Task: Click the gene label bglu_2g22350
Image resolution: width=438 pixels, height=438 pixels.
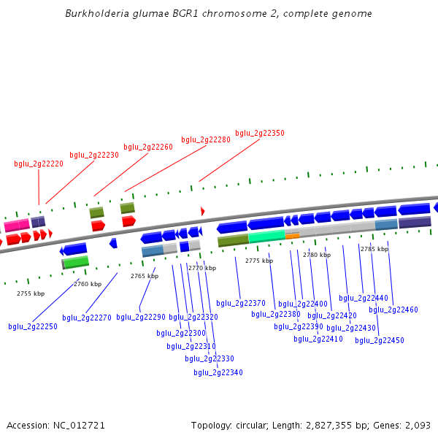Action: tap(260, 133)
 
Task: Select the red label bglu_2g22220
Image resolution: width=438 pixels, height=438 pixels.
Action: tap(39, 164)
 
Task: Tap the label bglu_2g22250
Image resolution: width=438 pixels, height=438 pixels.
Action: tap(33, 326)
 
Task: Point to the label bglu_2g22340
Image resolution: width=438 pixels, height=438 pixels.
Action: tap(218, 372)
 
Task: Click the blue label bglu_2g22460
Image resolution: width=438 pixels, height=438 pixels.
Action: tap(393, 310)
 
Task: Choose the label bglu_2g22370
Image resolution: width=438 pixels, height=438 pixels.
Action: tap(241, 303)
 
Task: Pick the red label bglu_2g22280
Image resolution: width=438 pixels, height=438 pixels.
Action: tap(206, 139)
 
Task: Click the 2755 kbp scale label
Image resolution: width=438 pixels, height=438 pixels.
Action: tap(31, 293)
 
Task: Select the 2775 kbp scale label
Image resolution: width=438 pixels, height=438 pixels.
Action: tap(259, 261)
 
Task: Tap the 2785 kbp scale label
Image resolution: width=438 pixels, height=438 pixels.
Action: tap(374, 249)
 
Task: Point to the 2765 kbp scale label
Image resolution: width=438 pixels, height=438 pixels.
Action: tap(145, 276)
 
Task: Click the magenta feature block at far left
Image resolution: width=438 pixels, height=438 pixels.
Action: tap(17, 225)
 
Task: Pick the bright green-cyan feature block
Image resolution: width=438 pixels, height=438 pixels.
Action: tap(266, 236)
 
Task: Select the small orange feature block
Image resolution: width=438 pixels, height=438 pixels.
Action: tap(292, 236)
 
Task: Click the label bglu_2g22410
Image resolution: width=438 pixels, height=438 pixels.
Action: tap(318, 339)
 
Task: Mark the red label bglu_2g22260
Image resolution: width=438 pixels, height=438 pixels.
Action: tap(148, 147)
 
